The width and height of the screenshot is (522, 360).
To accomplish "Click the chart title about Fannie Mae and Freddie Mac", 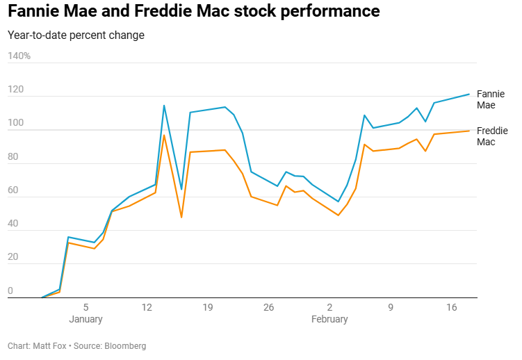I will pos(194,12).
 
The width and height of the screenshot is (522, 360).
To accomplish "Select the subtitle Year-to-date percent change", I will pos(76,35).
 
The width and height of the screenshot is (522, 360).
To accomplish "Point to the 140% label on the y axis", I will pos(19,56).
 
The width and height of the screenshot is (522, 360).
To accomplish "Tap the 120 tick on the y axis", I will pos(15,90).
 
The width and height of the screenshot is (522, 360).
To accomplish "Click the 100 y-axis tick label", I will pos(15,124).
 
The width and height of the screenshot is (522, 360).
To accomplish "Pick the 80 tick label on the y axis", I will pos(13,157).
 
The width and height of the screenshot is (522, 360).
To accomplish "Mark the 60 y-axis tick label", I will pos(13,190).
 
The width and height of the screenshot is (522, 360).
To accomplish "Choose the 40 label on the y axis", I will pos(13,224).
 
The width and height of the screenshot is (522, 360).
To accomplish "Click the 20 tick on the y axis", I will pos(13,257).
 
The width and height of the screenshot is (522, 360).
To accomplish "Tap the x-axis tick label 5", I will pos(85,306).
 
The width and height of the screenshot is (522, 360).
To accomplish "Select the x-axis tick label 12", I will pos(147,306).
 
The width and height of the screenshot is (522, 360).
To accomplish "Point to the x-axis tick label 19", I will pos(208,306).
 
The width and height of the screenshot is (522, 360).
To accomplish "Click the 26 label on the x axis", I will pos(268,306).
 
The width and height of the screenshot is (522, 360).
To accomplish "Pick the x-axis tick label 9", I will pos(391,306).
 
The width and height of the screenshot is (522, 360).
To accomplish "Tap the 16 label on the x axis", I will pos(451,306).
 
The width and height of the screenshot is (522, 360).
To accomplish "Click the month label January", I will pos(85,319).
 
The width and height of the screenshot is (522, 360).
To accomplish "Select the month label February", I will pos(329,319).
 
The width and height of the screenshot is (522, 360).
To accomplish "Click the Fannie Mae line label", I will pos(491,99).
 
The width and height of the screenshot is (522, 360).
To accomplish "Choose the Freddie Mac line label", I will pos(492,136).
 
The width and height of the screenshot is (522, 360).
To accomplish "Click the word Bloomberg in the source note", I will pos(125,345).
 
